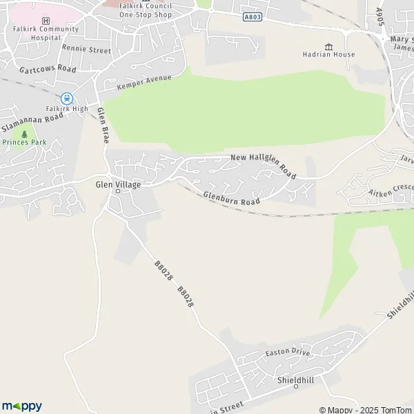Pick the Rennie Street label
pyautogui.click(x=86, y=50)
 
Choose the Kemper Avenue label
pyautogui.click(x=144, y=83)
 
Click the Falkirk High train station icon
pyautogui.click(x=67, y=99)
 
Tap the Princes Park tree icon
pyautogui.click(x=25, y=134)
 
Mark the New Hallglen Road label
pyautogui.click(x=264, y=166)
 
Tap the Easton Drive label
pyautogui.click(x=288, y=353)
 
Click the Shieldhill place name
pyautogui.click(x=295, y=380)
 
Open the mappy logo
pyautogui.click(x=21, y=406)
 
